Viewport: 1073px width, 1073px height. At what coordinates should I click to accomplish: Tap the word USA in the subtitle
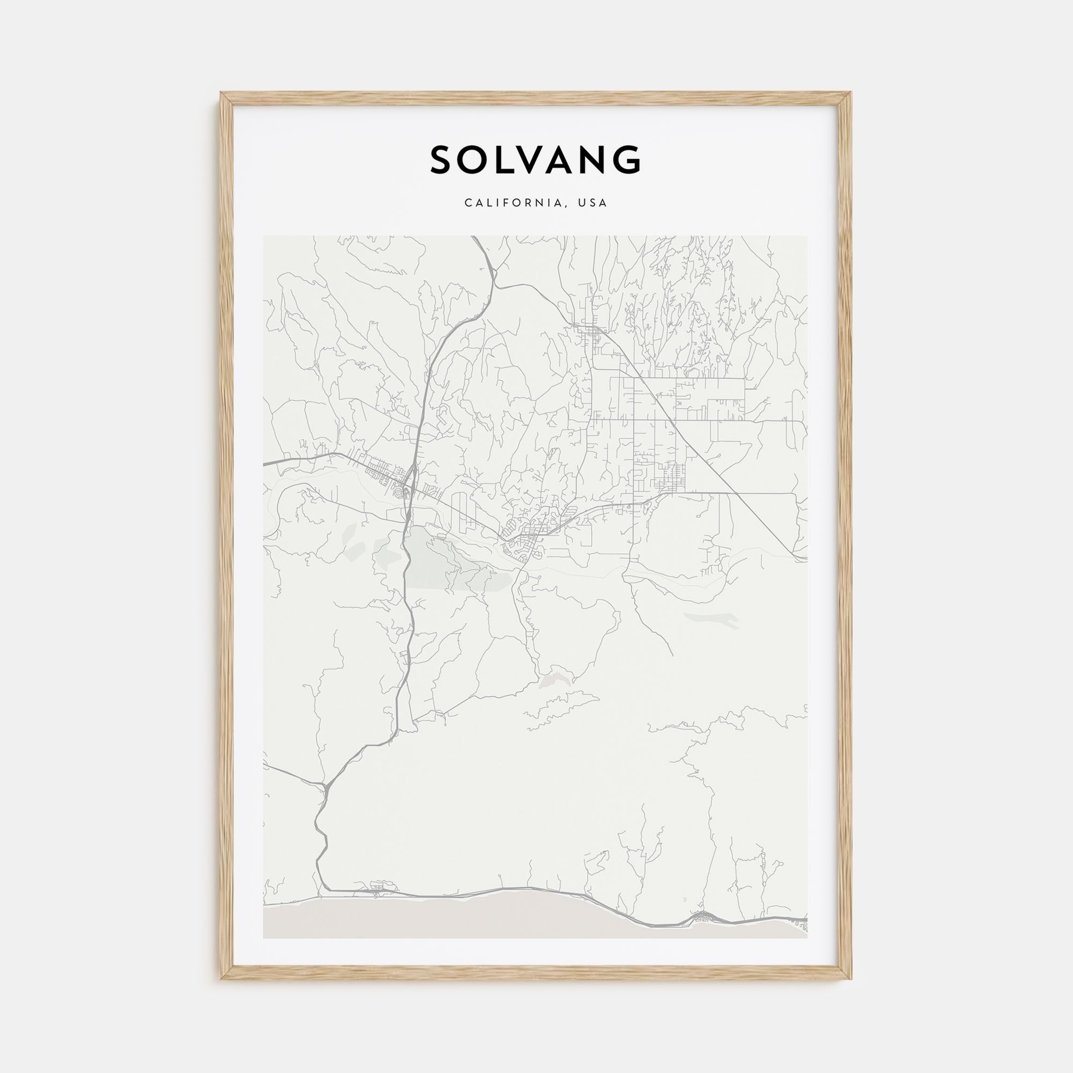[593, 203]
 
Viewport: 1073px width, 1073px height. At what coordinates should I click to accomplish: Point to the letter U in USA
[582, 203]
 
